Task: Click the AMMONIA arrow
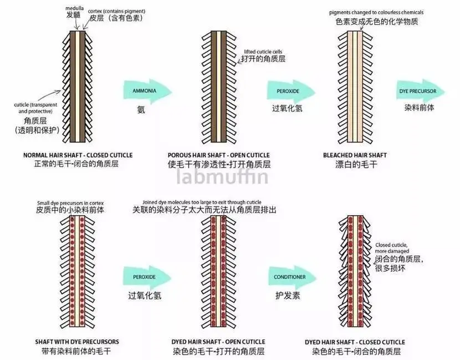click(x=147, y=92)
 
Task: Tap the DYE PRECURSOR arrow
click(x=421, y=92)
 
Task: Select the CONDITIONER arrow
click(x=293, y=277)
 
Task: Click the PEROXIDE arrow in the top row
click(x=291, y=92)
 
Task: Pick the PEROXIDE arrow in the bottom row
click(x=147, y=277)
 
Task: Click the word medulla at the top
click(x=74, y=8)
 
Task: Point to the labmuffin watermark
click(x=222, y=177)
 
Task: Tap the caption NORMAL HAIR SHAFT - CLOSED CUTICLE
click(x=78, y=155)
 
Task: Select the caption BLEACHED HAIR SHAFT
click(x=355, y=155)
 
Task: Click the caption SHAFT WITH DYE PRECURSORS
click(x=77, y=342)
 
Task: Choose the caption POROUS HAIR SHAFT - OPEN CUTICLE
click(x=218, y=155)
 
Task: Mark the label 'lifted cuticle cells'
click(x=263, y=52)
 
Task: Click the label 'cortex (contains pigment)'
click(x=117, y=12)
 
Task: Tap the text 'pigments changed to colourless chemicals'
click(x=376, y=13)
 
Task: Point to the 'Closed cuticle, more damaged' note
click(x=392, y=248)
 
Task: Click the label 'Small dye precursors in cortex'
click(x=70, y=203)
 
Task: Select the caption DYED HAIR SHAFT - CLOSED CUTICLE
click(x=355, y=342)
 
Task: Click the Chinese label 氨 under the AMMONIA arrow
click(x=141, y=110)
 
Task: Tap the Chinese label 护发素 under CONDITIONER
click(x=288, y=295)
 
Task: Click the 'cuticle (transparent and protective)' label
click(x=35, y=108)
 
